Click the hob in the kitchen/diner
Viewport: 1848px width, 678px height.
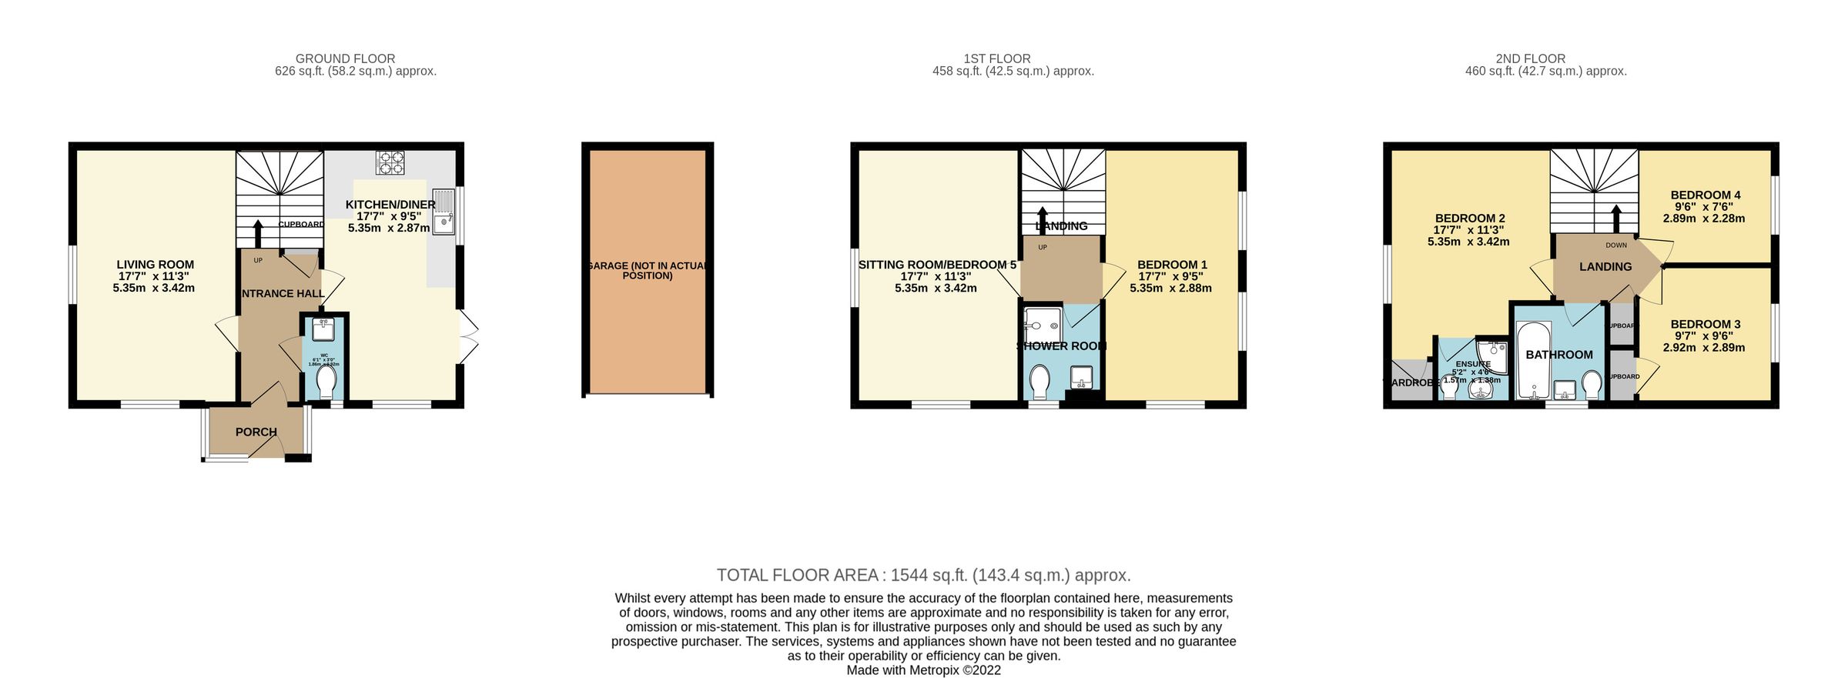390,162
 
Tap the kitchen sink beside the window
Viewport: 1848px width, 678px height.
444,212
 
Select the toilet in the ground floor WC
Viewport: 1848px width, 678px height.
326,381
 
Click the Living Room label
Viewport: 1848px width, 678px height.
155,264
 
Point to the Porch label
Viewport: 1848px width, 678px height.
256,432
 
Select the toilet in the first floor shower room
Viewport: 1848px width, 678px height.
1040,381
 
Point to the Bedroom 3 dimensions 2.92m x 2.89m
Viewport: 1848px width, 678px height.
1704,347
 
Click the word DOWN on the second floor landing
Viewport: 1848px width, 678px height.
1616,245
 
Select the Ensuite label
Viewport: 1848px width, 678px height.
1472,364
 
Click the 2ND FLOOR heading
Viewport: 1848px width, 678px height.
1530,58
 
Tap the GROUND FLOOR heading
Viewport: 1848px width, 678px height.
345,58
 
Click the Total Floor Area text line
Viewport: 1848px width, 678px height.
923,575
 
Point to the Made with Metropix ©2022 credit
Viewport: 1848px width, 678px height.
923,670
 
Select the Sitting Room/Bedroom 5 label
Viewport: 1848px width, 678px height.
936,265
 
